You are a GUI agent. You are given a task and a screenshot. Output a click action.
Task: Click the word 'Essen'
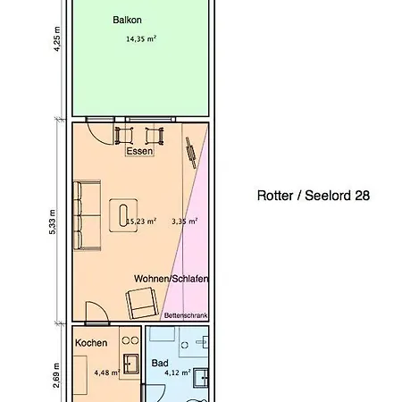[139, 152]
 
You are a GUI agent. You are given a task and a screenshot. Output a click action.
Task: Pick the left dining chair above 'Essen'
[124, 135]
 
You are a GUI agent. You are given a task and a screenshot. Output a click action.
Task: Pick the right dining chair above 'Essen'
[155, 135]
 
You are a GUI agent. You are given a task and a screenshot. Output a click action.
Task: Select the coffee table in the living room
[118, 214]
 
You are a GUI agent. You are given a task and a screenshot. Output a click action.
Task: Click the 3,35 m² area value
[184, 222]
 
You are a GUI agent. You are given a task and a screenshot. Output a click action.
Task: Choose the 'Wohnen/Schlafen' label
[171, 279]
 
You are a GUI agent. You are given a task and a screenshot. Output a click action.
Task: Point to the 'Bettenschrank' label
[186, 315]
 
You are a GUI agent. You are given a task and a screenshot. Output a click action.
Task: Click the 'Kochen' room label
[91, 343]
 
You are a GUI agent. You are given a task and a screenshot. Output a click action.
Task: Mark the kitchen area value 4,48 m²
[105, 373]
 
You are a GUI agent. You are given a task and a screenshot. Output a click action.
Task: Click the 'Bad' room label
[160, 364]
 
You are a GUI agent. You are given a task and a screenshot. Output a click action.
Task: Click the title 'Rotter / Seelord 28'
[313, 195]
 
